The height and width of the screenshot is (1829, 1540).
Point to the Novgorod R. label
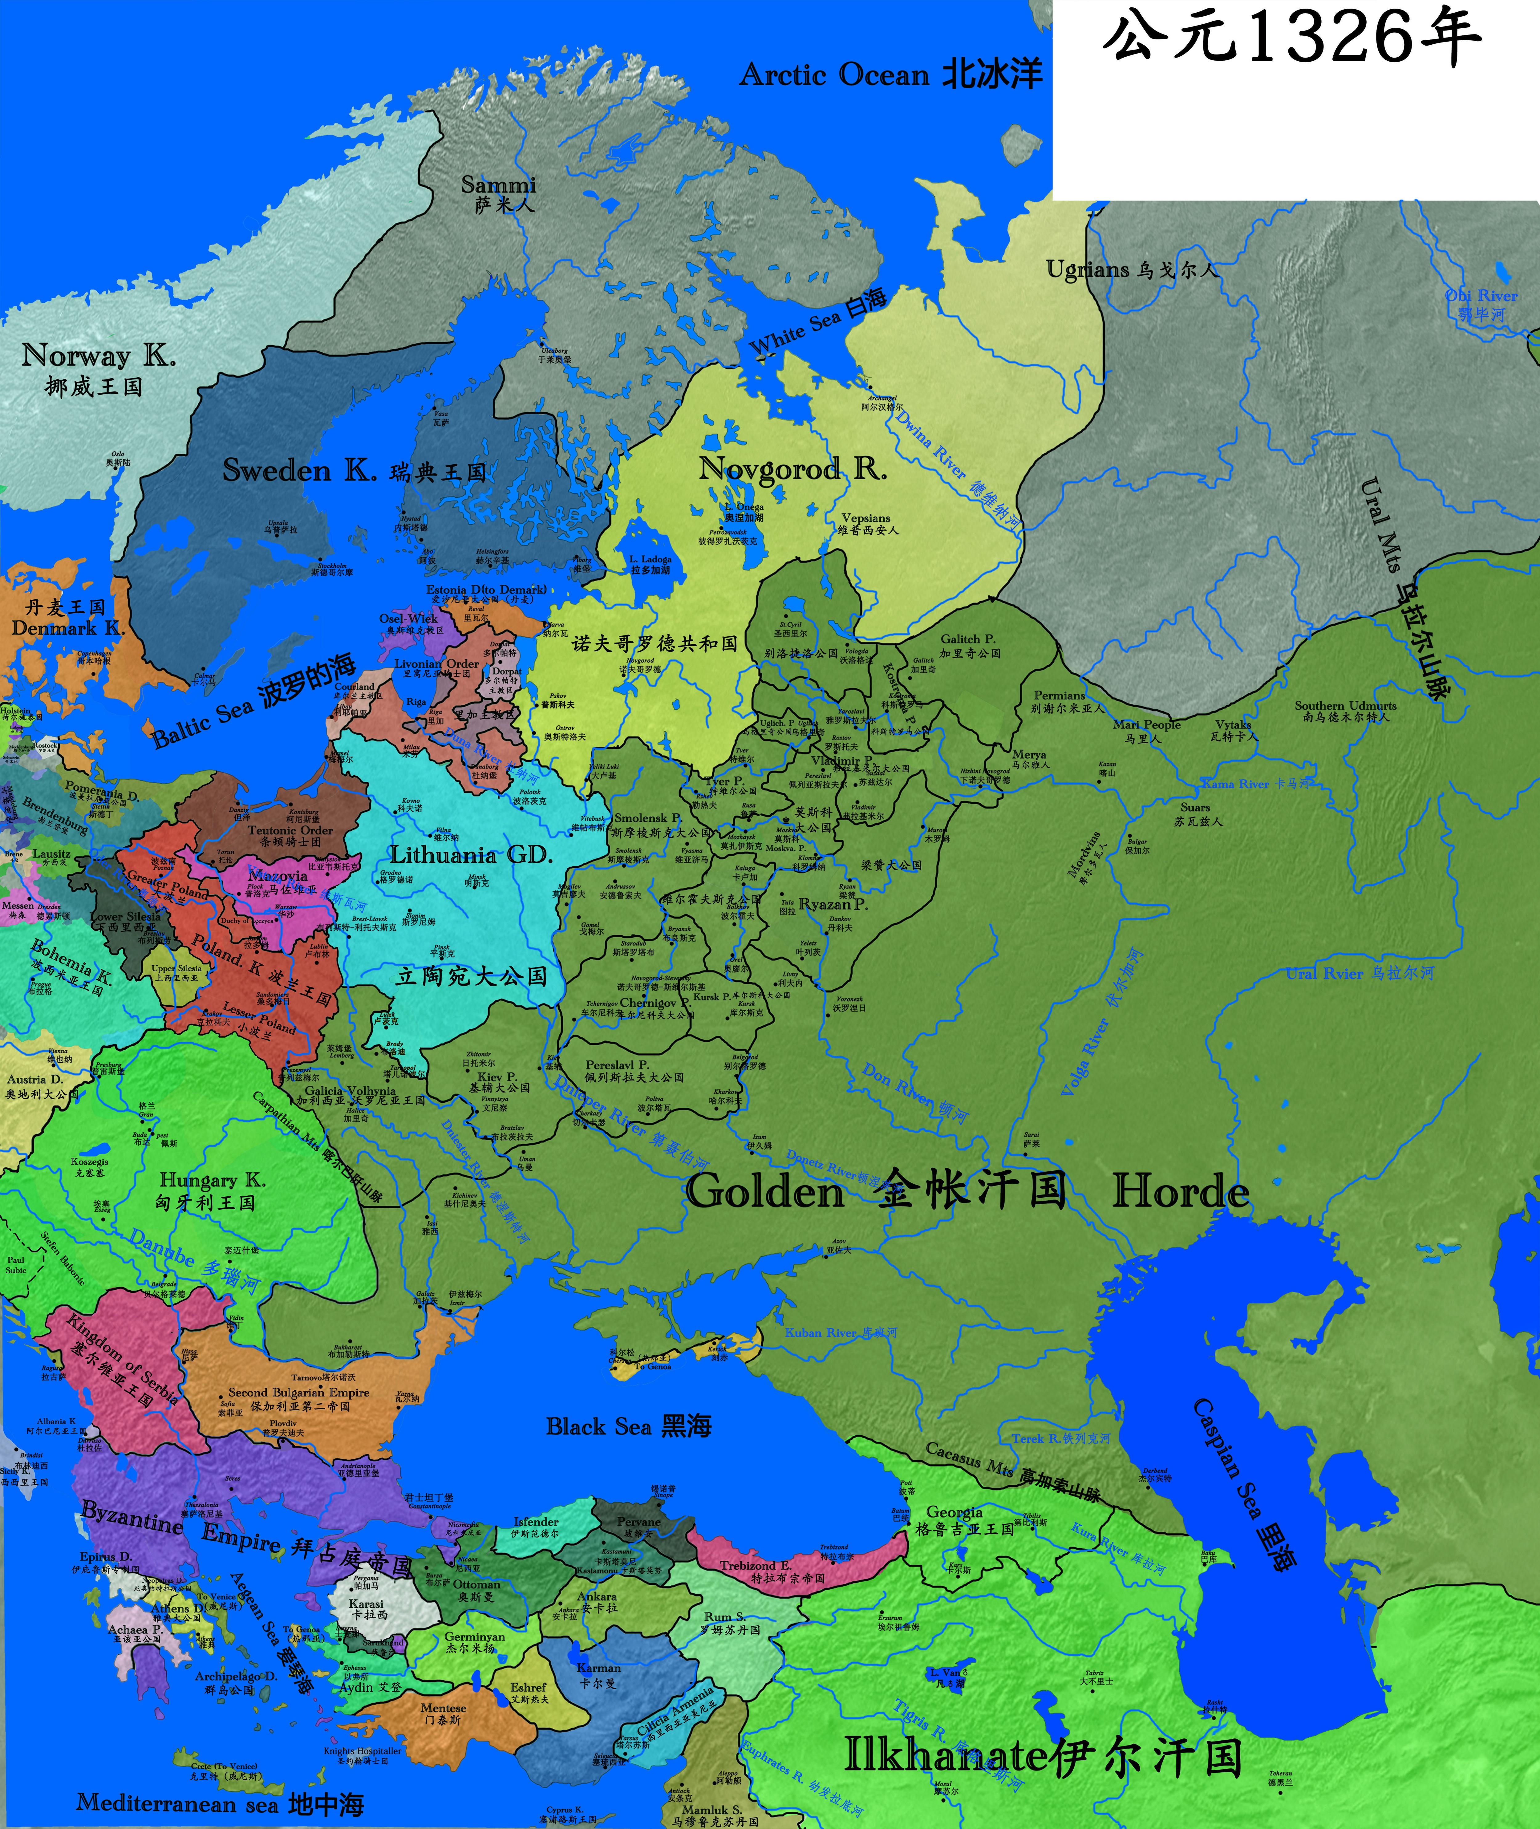coord(792,470)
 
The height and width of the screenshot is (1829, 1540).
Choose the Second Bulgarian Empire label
coord(298,1393)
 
